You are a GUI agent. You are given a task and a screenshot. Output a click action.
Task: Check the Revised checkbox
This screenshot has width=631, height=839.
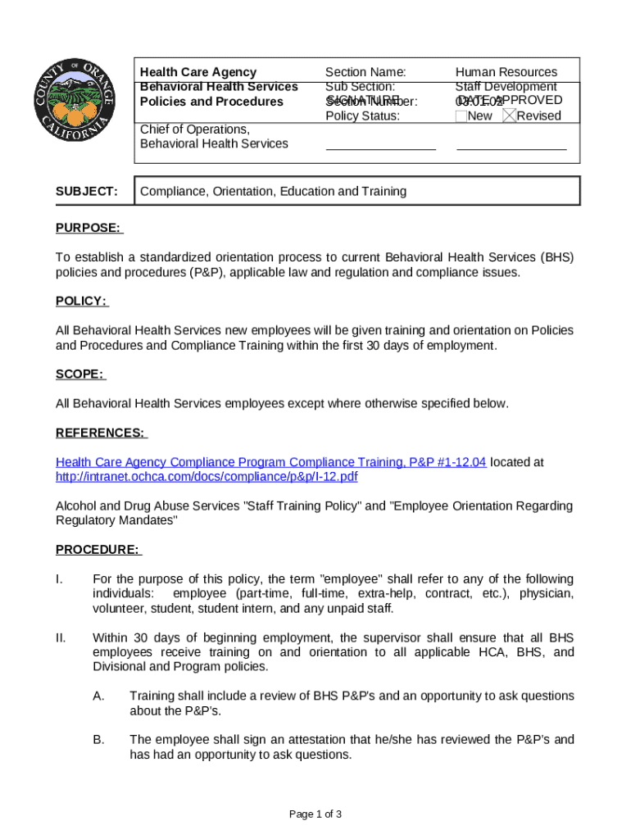509,116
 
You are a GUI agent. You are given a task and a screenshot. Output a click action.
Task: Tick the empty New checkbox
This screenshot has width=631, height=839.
461,116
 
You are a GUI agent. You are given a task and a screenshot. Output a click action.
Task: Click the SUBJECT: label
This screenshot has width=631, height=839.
86,191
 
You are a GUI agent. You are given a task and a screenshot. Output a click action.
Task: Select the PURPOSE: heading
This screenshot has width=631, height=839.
88,227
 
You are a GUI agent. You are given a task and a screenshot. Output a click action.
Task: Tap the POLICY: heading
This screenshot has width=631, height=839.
80,301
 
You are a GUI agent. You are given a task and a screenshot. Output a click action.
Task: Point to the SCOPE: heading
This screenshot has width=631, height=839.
79,374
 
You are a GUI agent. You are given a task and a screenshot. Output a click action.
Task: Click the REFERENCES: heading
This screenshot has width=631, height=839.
100,433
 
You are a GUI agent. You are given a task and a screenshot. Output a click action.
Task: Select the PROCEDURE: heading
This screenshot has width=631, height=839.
98,549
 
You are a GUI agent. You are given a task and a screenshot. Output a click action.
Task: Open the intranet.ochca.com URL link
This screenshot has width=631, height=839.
207,477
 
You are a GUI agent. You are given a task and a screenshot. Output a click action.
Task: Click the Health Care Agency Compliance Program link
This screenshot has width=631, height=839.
270,462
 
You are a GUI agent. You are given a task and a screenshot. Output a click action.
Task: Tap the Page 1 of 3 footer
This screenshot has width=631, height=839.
315,814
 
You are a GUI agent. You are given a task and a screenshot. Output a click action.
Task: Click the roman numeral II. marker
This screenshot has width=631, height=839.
60,637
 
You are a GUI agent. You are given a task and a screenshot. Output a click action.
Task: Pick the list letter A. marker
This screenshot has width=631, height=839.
98,696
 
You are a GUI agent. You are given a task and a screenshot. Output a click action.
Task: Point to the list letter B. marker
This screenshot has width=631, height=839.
98,740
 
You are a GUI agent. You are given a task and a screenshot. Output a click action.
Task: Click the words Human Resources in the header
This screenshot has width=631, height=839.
506,72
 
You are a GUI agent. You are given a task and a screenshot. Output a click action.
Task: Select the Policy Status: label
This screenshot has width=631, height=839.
362,116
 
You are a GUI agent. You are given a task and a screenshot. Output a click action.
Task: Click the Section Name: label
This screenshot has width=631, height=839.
365,72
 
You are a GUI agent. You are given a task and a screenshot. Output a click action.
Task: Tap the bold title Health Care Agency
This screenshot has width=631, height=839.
197,72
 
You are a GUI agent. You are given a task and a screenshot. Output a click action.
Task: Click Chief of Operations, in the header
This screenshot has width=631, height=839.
194,129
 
